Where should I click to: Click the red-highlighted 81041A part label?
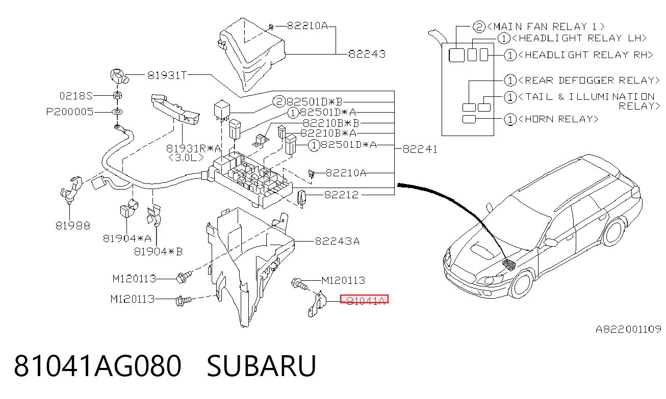(364, 299)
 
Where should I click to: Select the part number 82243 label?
(367, 54)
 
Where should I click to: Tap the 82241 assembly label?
(420, 149)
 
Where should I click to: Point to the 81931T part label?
(167, 75)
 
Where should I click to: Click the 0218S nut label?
(76, 96)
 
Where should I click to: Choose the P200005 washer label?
(70, 112)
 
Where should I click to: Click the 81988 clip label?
(73, 226)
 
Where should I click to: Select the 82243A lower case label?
(337, 241)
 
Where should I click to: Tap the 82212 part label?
(341, 195)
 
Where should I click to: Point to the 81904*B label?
(158, 252)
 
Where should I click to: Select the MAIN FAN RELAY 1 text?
(546, 26)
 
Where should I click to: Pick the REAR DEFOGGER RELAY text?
(588, 80)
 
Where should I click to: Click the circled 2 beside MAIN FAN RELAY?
(479, 26)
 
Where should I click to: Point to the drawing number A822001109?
(628, 329)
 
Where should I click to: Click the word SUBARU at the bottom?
(261, 366)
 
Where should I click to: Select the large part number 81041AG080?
(97, 366)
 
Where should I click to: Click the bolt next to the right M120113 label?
(299, 283)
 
